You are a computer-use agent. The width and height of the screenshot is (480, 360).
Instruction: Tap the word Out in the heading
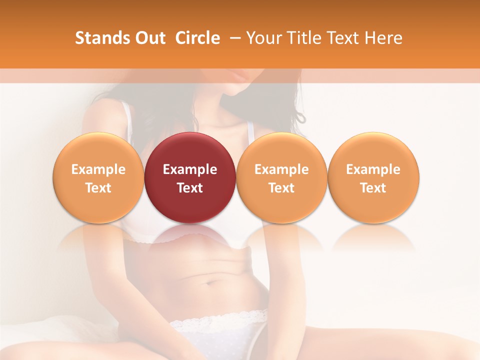click(149, 38)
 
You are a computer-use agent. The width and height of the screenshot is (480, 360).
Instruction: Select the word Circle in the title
click(197, 38)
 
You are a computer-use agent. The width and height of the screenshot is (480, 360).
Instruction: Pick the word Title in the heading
click(303, 38)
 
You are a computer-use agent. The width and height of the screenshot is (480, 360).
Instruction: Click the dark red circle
click(190, 177)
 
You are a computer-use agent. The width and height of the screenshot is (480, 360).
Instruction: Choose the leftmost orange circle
click(98, 177)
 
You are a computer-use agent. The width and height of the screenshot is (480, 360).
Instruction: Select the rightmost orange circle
click(373, 177)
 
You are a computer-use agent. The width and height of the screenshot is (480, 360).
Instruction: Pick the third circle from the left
click(281, 177)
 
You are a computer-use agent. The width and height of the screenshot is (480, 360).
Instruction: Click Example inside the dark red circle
click(190, 169)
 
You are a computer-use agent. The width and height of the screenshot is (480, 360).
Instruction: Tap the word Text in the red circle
click(190, 188)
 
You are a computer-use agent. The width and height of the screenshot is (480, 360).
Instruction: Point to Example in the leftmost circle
click(98, 169)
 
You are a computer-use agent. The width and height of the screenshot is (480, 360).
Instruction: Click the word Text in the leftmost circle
click(98, 188)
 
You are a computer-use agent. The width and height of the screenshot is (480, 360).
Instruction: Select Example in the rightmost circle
click(373, 169)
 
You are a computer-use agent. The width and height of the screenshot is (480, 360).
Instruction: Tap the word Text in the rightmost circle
click(373, 188)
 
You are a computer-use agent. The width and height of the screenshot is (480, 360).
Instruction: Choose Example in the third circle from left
click(281, 169)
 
